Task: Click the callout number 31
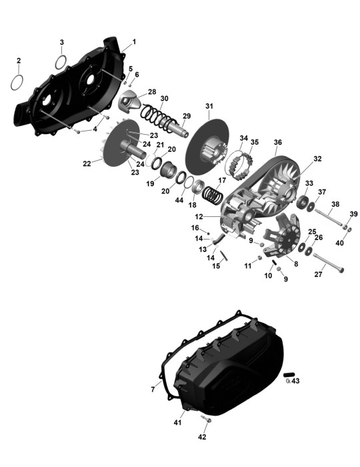pyautogui.click(x=209, y=106)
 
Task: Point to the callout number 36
pyautogui.click(x=277, y=142)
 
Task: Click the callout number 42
pyautogui.click(x=202, y=437)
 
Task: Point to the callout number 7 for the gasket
pyautogui.click(x=153, y=389)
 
